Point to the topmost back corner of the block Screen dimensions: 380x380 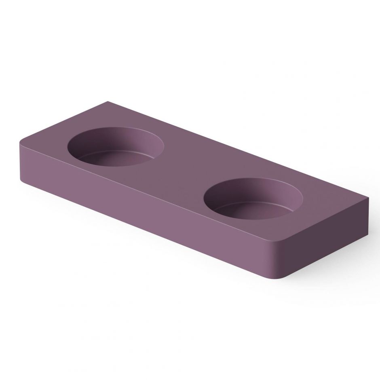pos(106,101)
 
